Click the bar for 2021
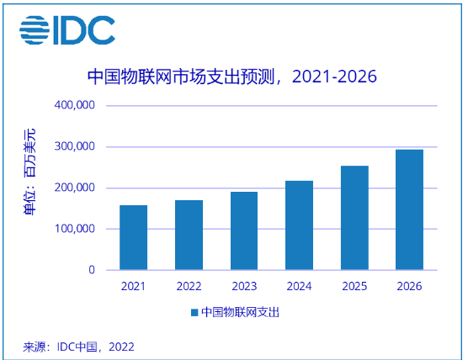[134, 238]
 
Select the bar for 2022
[189, 236]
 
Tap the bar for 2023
[244, 231]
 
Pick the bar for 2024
[299, 225]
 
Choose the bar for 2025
[354, 218]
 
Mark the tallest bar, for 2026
[409, 210]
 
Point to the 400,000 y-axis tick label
[75, 106]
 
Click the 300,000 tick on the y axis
[75, 147]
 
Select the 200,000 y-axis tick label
[75, 188]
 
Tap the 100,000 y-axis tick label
[75, 229]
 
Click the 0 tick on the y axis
[91, 270]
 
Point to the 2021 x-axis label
[134, 286]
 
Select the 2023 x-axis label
[244, 286]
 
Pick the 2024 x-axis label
[299, 286]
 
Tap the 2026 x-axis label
[409, 286]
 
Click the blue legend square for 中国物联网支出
[194, 312]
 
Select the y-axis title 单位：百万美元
[29, 172]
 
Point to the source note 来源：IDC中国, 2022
[78, 346]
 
